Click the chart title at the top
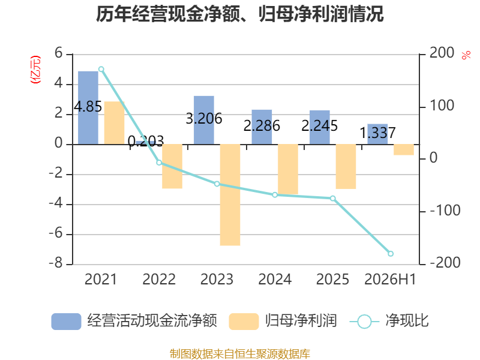[x=239, y=14]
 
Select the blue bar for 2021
[x=88, y=107]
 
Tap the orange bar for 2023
[x=230, y=194]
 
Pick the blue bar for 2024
[x=262, y=127]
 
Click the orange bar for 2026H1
[x=404, y=149]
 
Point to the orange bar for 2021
[x=114, y=123]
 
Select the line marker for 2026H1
[x=391, y=253]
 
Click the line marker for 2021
[x=101, y=69]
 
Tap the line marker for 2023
[x=217, y=184]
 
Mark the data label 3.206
[x=204, y=118]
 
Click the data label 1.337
[x=377, y=133]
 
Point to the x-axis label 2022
[x=159, y=279]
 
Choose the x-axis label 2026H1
[x=391, y=279]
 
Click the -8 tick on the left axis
[x=56, y=263]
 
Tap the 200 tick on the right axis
[x=442, y=53]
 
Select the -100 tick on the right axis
[x=445, y=211]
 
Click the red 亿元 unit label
[x=35, y=70]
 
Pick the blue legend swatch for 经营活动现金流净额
[x=66, y=322]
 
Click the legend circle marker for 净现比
[x=364, y=322]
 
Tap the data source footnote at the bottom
[x=240, y=354]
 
